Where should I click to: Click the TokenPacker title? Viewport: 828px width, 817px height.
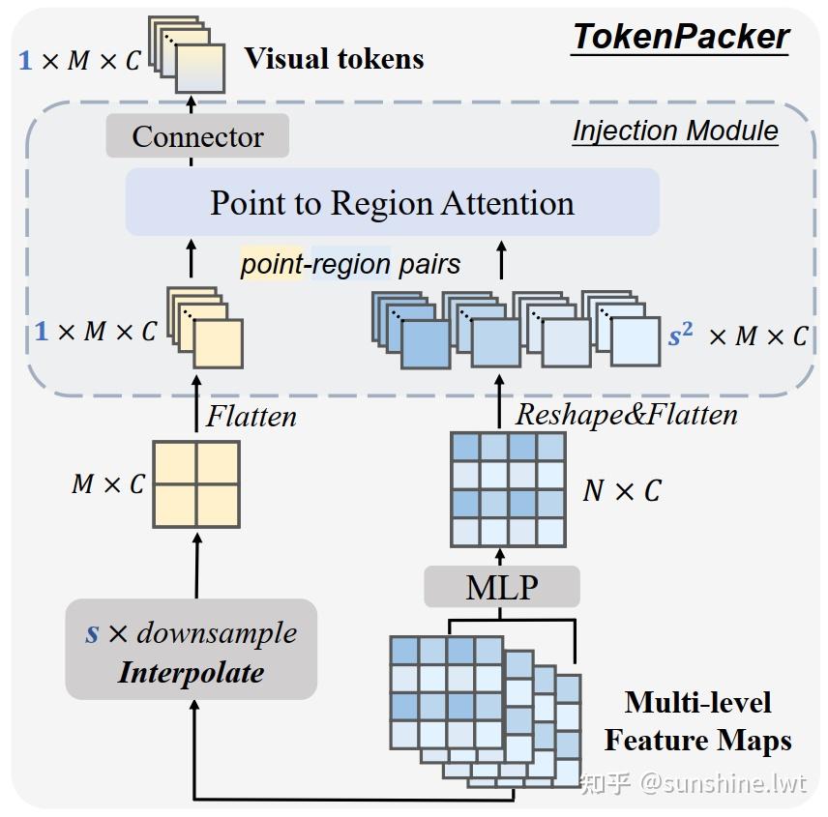coord(681,37)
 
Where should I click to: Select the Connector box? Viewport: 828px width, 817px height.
coord(197,136)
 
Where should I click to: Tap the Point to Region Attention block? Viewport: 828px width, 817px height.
coord(392,203)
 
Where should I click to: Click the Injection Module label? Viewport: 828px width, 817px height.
coord(675,131)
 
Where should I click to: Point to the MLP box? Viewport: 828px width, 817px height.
coord(502,586)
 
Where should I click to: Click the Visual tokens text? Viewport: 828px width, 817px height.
coord(334,58)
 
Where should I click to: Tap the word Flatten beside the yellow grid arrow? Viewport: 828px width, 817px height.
coord(251,416)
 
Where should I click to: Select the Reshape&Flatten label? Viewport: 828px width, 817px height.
coord(626,415)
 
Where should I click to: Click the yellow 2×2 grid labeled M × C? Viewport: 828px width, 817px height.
coord(196,484)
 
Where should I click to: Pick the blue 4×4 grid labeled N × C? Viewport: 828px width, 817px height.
coord(508,489)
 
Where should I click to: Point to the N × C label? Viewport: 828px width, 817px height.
coord(621,491)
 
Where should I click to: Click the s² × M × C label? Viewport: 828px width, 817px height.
coord(738,336)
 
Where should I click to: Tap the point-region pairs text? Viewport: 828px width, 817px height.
coord(350,264)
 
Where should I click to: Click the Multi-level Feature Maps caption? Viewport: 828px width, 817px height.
coord(697,721)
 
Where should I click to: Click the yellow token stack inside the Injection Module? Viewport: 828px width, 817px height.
coord(204,329)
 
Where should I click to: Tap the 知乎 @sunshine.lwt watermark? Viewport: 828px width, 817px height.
coord(693,782)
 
